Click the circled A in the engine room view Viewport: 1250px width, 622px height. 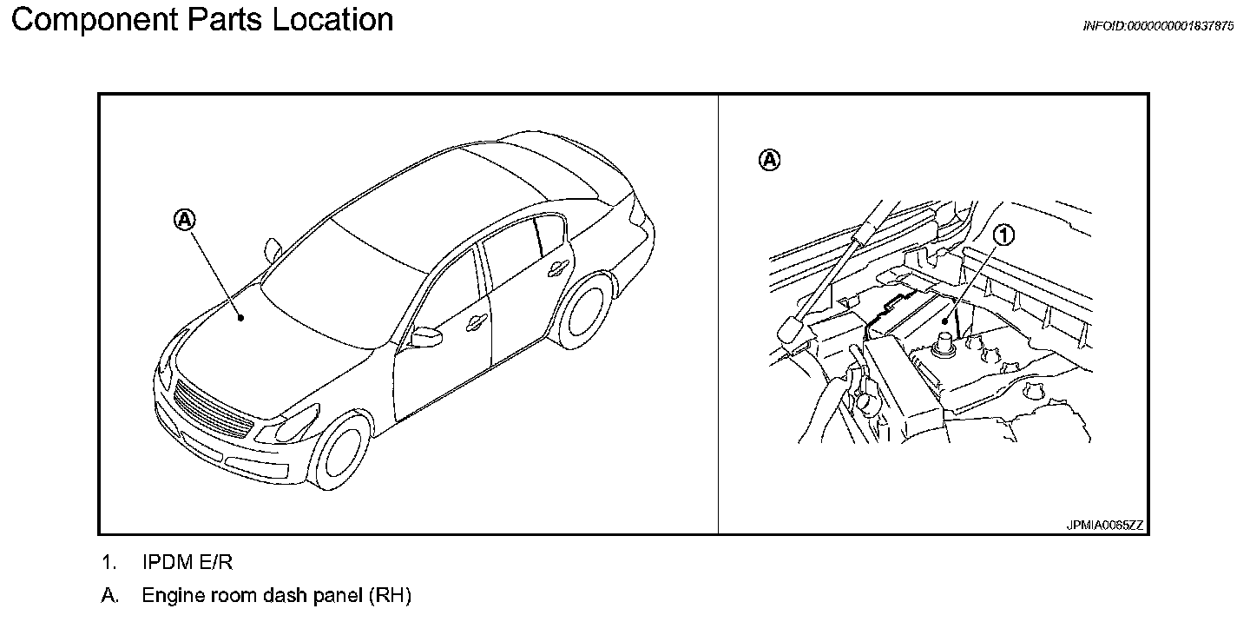coord(770,160)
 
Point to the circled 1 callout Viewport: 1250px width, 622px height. coord(1004,235)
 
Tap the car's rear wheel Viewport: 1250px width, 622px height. coord(584,309)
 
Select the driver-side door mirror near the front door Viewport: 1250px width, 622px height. coord(425,336)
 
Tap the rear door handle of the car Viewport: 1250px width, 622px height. coord(552,271)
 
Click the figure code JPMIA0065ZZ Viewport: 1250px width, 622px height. coord(1105,526)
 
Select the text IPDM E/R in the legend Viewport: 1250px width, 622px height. coord(187,563)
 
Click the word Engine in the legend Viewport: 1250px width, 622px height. coord(170,596)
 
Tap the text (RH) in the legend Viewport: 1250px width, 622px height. coord(390,596)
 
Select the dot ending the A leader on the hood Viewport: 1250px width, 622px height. coord(241,318)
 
